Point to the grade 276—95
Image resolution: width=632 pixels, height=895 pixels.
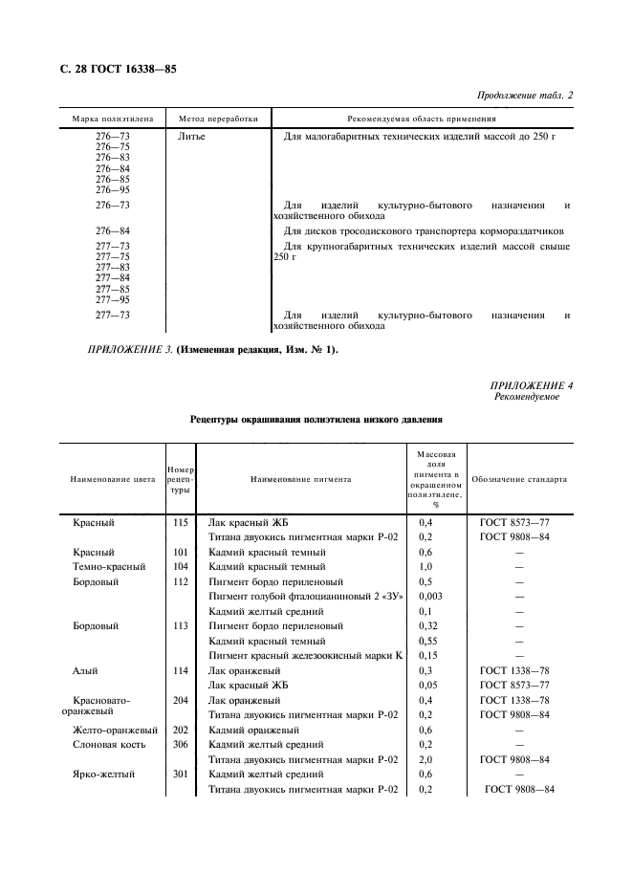point(113,189)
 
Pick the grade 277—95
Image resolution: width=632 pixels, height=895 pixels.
point(113,299)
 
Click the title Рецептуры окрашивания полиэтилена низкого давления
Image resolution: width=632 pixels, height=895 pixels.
point(316,420)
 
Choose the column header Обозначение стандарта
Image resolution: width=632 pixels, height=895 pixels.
point(519,479)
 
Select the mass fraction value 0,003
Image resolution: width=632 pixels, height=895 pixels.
point(431,596)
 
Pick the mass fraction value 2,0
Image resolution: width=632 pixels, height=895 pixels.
point(427,758)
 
